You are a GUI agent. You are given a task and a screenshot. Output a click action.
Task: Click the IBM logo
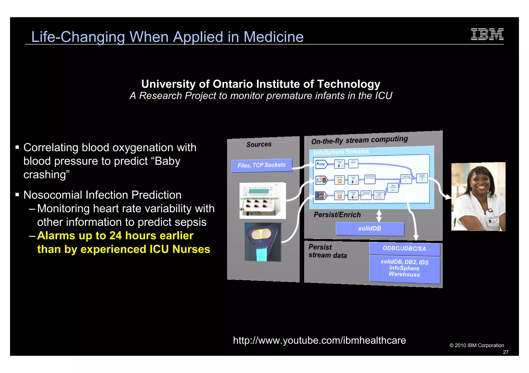coord(487,34)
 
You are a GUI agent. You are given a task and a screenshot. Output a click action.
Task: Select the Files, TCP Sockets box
coord(261,165)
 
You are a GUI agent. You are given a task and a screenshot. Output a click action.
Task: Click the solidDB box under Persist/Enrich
coord(370,229)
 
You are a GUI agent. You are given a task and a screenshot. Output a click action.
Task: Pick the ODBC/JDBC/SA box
coord(404,248)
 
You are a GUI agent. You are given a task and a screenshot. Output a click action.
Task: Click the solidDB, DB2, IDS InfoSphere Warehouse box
coord(404,268)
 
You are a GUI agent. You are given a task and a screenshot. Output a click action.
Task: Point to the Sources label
coord(259,144)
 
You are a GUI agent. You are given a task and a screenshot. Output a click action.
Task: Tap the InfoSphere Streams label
coord(341,152)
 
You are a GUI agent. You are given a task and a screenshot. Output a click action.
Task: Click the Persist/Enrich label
coord(337,215)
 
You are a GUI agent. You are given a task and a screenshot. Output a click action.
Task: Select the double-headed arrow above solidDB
coord(379,215)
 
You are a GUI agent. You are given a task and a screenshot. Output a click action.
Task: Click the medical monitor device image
coord(262,200)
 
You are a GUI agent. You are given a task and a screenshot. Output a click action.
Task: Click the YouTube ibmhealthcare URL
coord(319,341)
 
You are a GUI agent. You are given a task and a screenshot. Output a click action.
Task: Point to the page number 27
coord(505,352)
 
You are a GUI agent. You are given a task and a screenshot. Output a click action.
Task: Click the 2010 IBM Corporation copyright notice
coord(477,345)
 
